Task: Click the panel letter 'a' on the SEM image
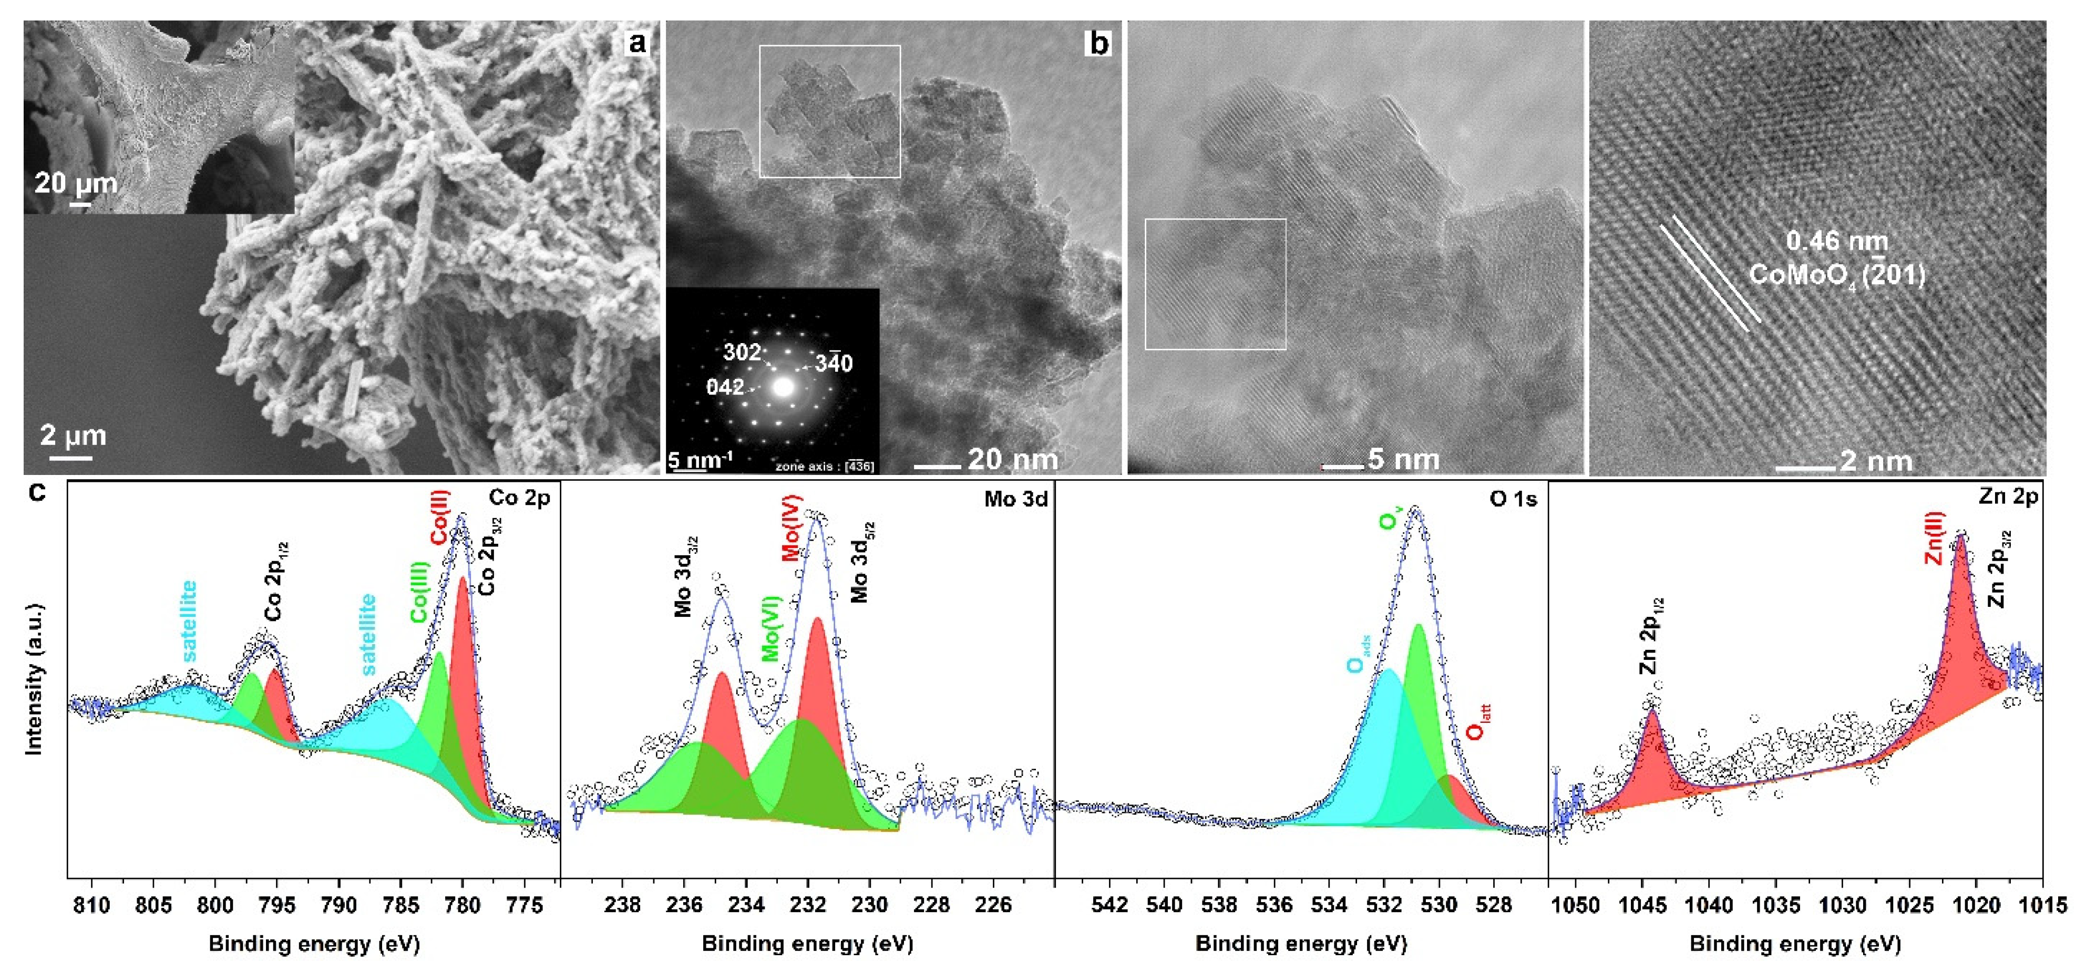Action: [x=636, y=42]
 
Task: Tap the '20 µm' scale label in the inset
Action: [x=75, y=184]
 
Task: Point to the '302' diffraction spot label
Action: [x=742, y=352]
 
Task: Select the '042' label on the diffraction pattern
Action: [x=725, y=388]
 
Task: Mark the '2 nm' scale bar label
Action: [x=1875, y=461]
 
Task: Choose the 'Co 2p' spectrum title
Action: [x=519, y=498]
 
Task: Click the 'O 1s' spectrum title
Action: [x=1513, y=500]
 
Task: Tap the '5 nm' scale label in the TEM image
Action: [x=1403, y=459]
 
